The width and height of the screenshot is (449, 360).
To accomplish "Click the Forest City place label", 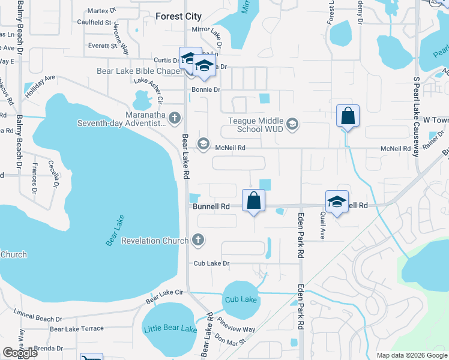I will [x=178, y=17].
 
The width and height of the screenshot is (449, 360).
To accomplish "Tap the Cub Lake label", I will [x=240, y=299].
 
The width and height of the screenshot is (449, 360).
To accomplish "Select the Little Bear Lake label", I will [x=170, y=329].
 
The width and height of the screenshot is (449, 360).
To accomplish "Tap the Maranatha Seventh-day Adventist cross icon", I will [x=175, y=117].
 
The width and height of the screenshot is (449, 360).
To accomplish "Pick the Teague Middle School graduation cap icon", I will [x=292, y=124].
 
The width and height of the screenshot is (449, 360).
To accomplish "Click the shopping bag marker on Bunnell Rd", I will [x=254, y=200].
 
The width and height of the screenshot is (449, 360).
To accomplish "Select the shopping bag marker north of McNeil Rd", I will [x=348, y=116].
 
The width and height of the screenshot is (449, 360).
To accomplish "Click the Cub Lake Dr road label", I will [x=212, y=263].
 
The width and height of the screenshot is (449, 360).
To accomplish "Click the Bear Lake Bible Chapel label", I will [x=139, y=71].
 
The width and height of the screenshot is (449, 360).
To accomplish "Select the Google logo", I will [x=20, y=353].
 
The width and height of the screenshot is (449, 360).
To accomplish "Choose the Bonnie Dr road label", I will [x=206, y=89].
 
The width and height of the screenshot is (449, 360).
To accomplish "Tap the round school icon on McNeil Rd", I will [x=203, y=143].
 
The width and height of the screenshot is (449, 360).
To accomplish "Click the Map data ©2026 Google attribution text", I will [x=411, y=355].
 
